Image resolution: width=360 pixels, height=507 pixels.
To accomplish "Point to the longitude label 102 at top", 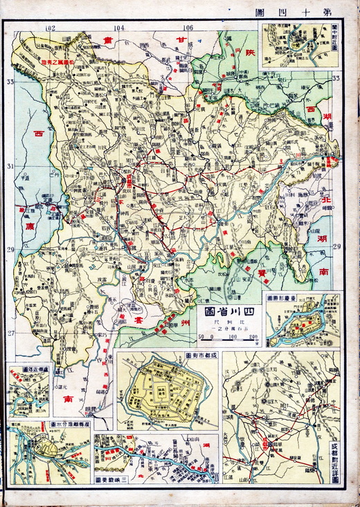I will pos(49,28).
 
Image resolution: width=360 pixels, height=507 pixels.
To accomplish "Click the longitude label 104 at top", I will pos(119,28).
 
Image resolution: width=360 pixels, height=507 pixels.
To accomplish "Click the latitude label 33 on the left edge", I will pos(10,82).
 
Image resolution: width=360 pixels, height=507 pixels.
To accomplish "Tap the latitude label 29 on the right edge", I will pos(337,247).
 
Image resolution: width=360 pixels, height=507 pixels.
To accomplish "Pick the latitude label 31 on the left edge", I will pos(10,166).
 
